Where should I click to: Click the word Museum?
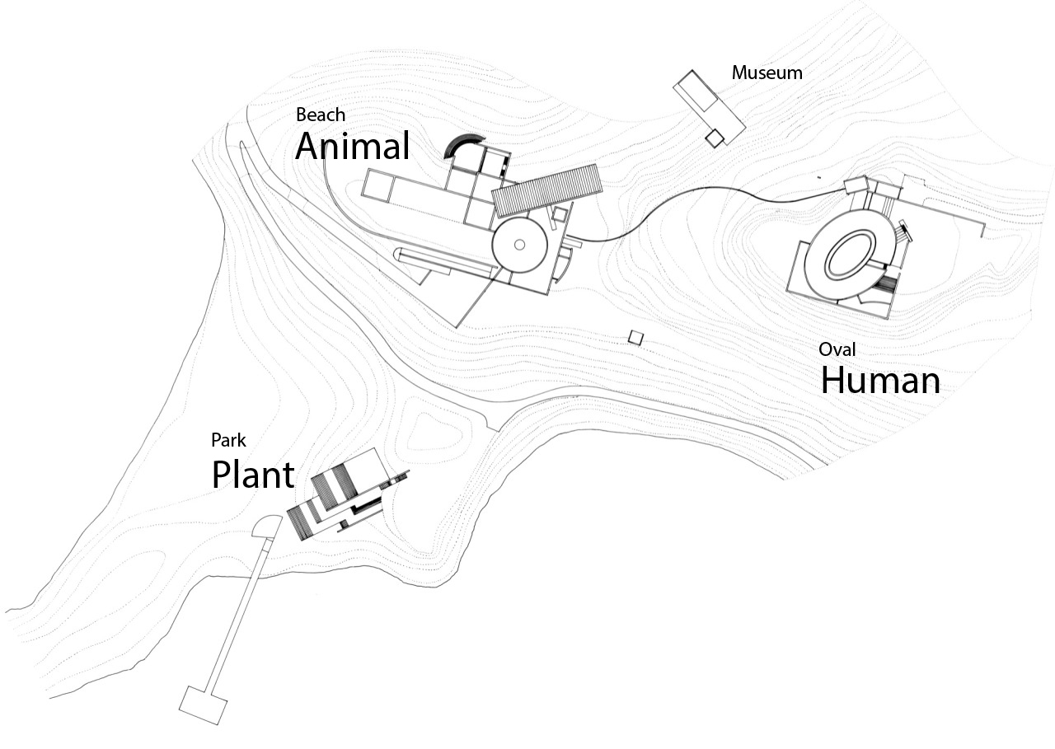767,73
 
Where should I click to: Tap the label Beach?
321,115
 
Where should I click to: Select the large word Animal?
352,146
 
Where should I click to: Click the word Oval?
837,349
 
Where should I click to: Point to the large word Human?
880,380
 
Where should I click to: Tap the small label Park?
228,440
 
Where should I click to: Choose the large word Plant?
253,475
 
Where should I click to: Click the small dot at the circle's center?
519,245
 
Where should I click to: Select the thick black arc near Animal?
463,146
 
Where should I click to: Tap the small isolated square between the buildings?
635,338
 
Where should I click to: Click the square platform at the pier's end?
203,705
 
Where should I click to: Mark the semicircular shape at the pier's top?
267,526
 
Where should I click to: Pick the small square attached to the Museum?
715,138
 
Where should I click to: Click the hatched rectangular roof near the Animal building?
546,190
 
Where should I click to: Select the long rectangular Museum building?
710,107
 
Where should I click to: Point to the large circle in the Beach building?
519,245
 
